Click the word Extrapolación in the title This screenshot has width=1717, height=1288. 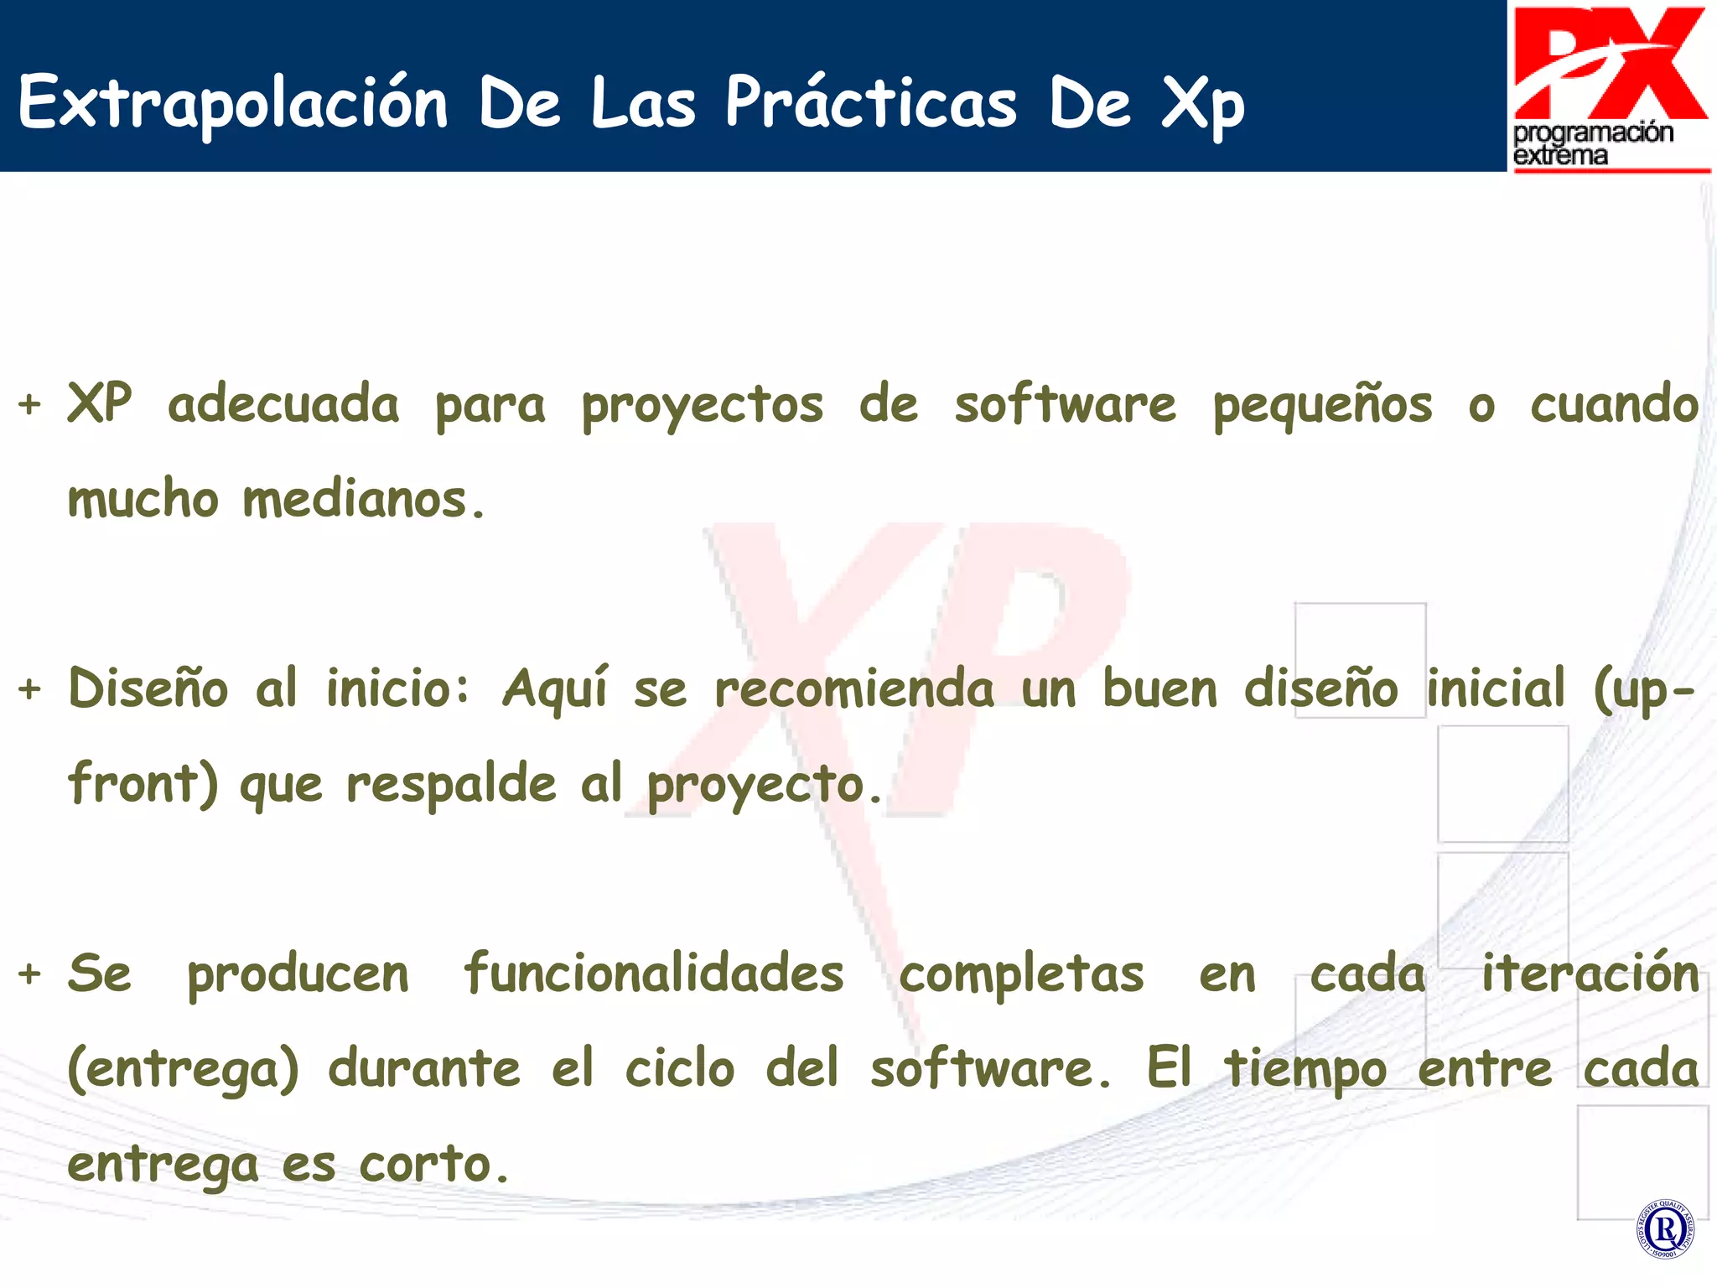(x=233, y=103)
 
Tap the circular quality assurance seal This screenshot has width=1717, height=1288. (x=1665, y=1229)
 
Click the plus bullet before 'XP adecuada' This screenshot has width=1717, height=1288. (x=29, y=404)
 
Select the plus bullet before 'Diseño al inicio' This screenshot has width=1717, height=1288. (x=29, y=689)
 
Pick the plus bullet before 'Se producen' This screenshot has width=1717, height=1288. (x=29, y=974)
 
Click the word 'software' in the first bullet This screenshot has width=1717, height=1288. (x=1065, y=404)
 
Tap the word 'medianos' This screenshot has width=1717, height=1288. (x=354, y=500)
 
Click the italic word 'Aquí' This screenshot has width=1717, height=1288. (x=554, y=689)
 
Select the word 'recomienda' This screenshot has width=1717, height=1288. (x=853, y=689)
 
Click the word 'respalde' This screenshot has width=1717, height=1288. (x=451, y=784)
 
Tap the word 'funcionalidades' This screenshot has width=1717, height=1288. (x=653, y=974)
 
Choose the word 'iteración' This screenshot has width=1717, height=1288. (x=1590, y=974)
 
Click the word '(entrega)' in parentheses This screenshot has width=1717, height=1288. (x=183, y=1069)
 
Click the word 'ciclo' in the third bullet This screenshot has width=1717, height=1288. (x=680, y=1069)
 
